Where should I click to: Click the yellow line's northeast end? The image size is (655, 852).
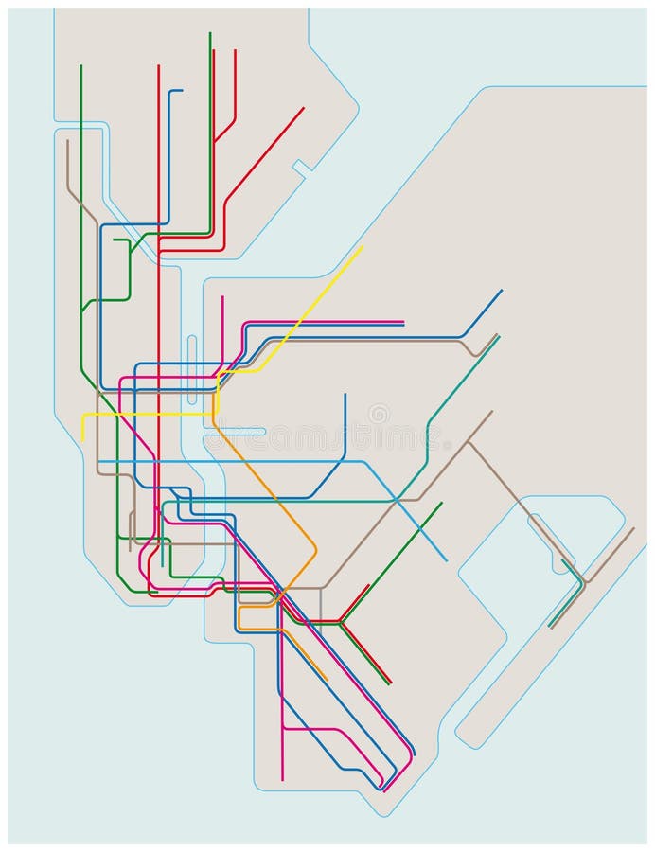point(363,246)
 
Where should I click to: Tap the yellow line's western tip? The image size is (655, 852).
point(82,440)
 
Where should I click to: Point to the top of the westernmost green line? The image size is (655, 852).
point(81,65)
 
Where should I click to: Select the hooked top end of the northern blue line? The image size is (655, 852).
point(181,90)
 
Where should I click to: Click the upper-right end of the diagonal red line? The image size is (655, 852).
point(304,107)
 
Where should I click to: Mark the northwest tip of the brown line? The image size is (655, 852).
point(67,141)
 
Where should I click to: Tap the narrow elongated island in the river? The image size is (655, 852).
point(192,357)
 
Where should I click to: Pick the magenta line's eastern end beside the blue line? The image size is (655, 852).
point(403,322)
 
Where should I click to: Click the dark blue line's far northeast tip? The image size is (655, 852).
point(502,290)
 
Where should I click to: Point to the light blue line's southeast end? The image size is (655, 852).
point(447,560)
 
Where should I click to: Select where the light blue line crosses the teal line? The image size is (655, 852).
point(396,499)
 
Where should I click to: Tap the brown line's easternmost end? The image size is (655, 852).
point(633,528)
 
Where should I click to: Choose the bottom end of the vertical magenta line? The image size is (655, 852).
point(282,780)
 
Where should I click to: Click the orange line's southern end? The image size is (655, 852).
point(327,681)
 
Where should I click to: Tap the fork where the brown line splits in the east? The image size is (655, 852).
point(468,442)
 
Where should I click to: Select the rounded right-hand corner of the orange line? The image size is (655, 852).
point(314,549)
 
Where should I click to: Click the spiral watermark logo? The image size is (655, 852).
point(379,414)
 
